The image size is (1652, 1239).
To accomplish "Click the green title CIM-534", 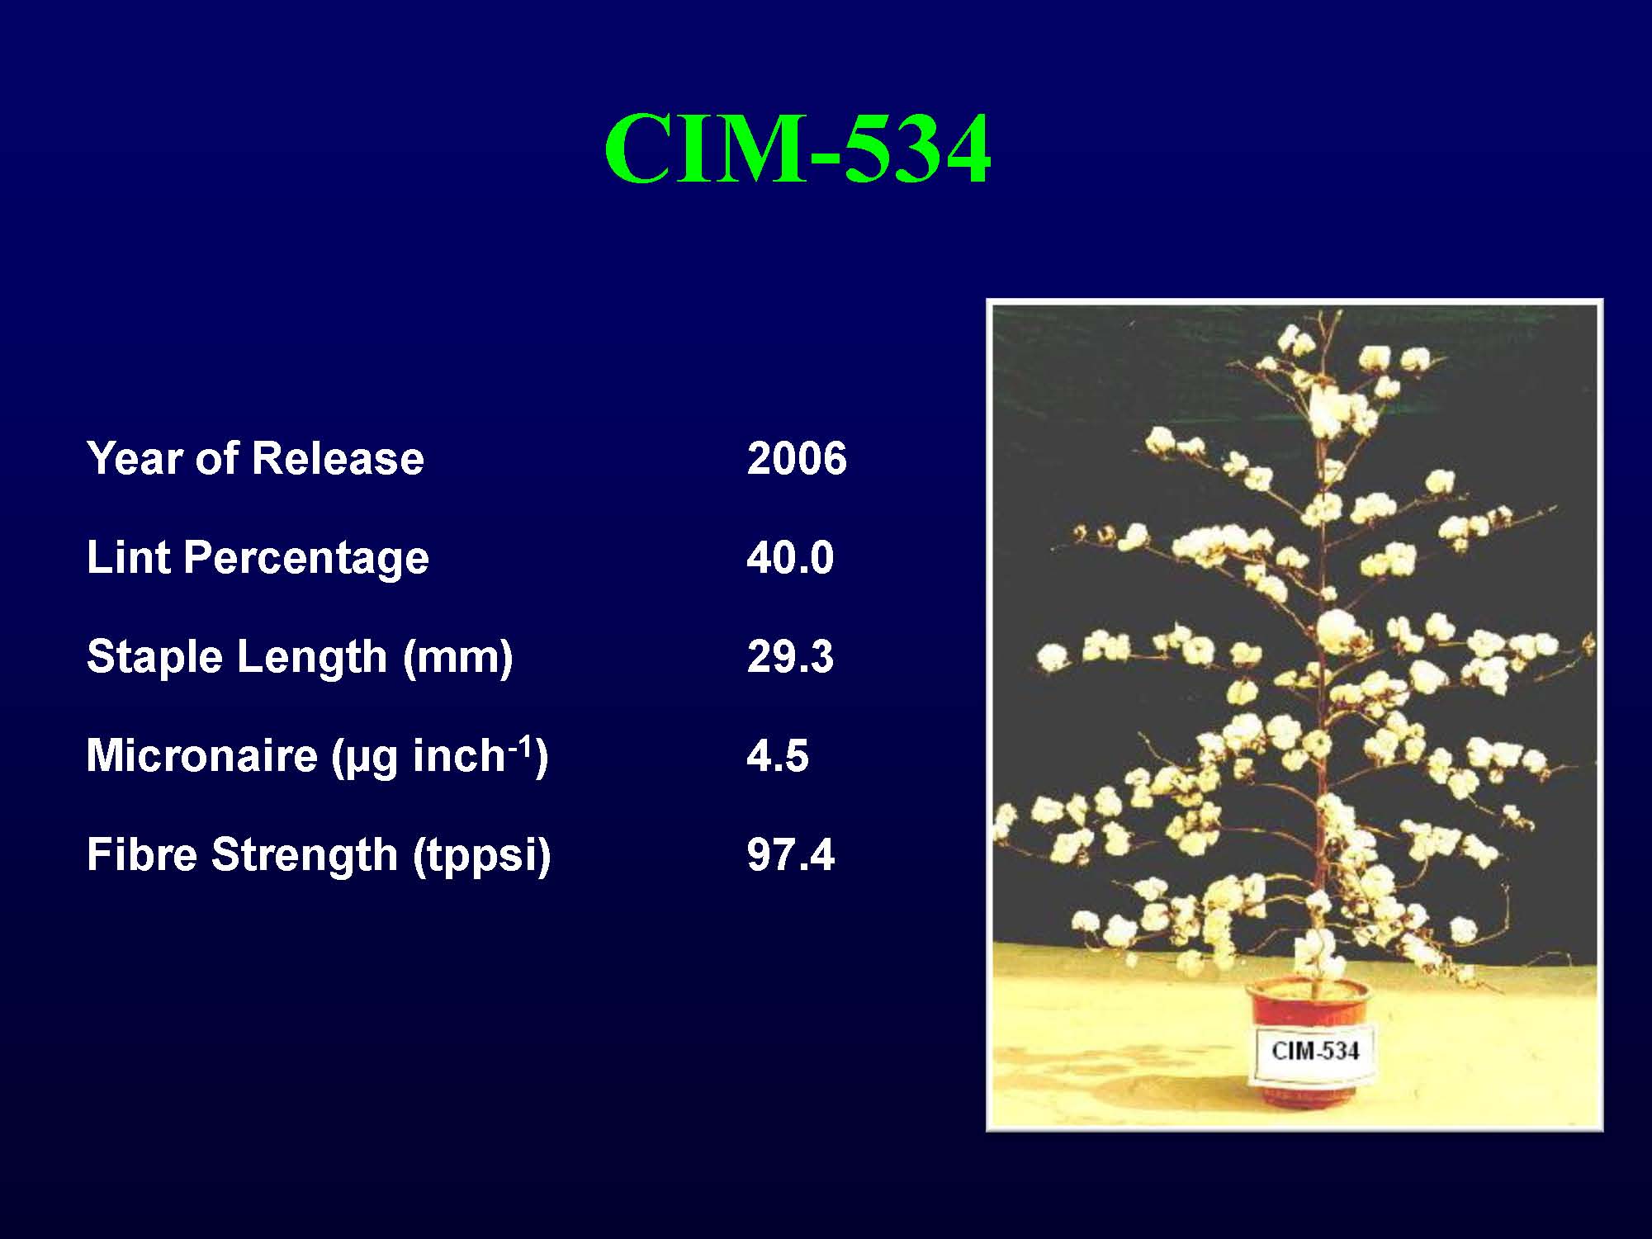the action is [797, 149].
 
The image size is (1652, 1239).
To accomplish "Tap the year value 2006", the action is [797, 458].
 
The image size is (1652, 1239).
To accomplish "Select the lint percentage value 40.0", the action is [790, 557].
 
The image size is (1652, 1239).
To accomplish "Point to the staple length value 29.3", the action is [790, 656].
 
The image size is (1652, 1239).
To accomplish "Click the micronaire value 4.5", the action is [778, 755].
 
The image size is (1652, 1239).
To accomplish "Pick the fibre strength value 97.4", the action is [791, 854].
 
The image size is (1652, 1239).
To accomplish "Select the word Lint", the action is [128, 557].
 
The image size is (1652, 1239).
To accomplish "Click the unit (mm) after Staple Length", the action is [458, 658].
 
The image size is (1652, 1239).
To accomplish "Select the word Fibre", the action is [143, 854].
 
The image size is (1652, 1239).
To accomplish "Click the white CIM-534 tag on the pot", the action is [1314, 1051].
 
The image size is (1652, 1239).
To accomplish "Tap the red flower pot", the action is [1306, 1040].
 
